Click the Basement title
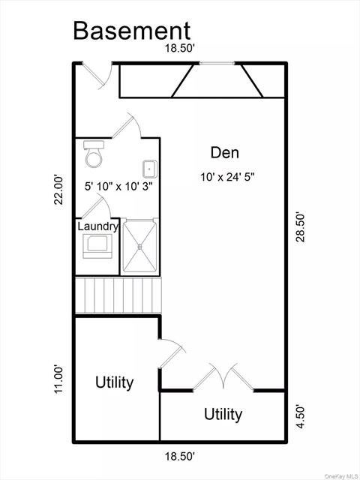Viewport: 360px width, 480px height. point(132,31)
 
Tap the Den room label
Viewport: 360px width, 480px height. point(225,152)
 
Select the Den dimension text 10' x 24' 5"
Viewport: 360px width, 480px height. point(228,177)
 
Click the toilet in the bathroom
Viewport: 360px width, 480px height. point(94,154)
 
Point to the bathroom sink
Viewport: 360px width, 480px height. point(150,169)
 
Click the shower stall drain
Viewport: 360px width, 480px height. point(140,247)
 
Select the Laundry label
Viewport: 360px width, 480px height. point(97,226)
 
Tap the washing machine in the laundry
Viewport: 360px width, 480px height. point(97,246)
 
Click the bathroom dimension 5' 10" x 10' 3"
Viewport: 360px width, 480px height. point(118,187)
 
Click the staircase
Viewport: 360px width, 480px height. point(118,295)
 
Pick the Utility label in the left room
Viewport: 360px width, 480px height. point(115,382)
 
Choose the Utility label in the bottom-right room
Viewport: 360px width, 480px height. point(223,415)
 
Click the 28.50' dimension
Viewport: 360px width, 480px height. point(301,226)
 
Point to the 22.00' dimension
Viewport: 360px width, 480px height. point(58,189)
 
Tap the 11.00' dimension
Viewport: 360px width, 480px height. point(58,379)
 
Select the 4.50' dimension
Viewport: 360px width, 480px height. point(301,417)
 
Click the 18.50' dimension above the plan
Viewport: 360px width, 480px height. point(180,48)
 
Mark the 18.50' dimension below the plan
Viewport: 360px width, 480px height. point(180,457)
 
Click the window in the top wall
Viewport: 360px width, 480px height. point(217,63)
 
